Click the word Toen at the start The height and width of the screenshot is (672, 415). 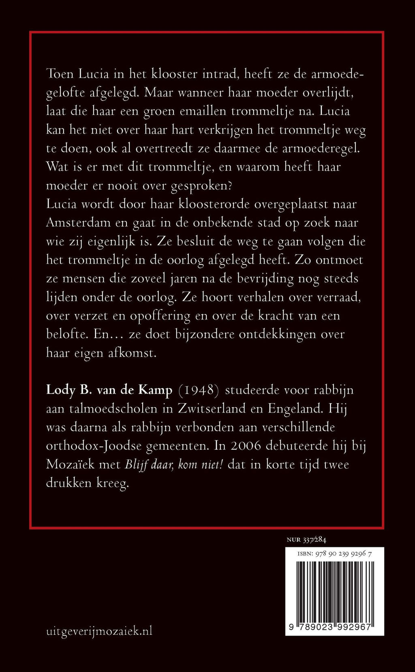(59, 74)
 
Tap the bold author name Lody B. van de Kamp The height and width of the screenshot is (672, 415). (109, 390)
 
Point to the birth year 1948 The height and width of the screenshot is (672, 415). (199, 390)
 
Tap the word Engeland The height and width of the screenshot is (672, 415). (295, 408)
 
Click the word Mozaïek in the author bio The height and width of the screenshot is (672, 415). (70, 464)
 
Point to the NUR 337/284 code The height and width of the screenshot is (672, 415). (306, 540)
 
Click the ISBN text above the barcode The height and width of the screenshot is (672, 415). (334, 554)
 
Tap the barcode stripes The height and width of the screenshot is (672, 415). (334, 589)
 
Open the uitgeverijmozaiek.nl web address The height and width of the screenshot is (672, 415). (99, 631)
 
